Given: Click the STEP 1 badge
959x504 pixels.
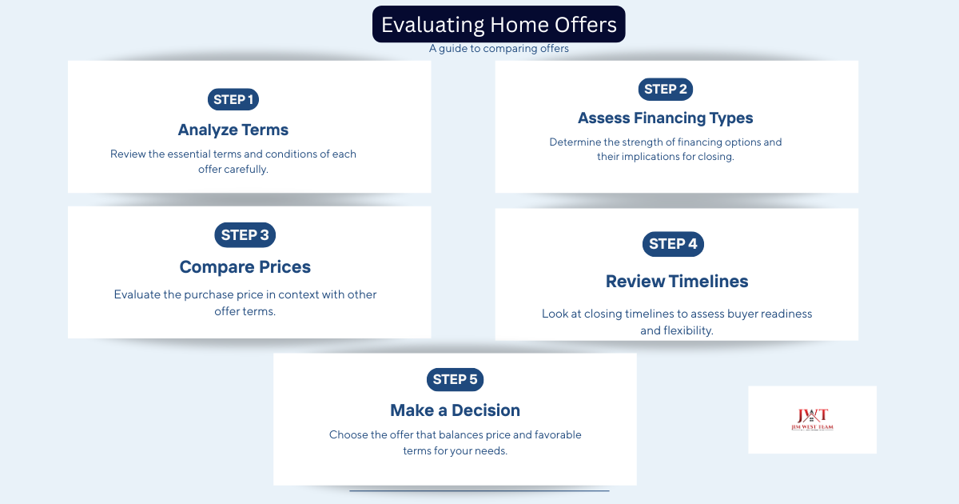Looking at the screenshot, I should (x=233, y=99).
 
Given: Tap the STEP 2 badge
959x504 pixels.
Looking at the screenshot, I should (x=665, y=89).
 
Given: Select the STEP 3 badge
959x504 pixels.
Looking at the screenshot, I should (x=245, y=235).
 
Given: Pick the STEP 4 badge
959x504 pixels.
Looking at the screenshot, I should (x=673, y=244).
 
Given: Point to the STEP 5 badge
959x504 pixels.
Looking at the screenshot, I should (x=455, y=379).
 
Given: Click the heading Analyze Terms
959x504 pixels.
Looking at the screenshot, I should (x=233, y=130).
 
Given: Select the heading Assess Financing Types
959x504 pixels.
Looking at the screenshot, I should (x=665, y=118).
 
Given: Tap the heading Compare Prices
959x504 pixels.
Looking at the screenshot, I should (x=245, y=267).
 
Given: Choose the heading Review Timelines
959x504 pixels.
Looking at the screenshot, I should (x=676, y=282).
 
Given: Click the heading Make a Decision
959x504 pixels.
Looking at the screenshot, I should (x=455, y=410).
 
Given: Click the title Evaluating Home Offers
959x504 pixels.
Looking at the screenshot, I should (x=499, y=25).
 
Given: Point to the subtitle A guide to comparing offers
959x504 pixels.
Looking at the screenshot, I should (x=499, y=49).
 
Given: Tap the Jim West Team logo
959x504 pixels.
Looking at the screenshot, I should (x=812, y=419).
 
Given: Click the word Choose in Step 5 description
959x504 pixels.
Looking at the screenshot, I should (x=348, y=435).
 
